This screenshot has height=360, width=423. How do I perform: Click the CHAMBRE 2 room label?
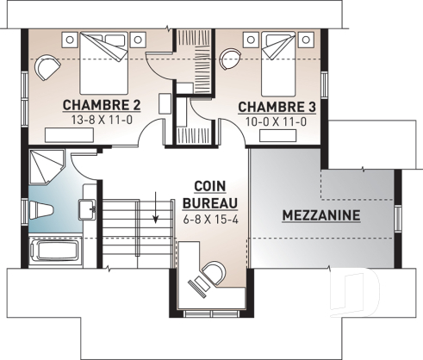[x=102, y=106]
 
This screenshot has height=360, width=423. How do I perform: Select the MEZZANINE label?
[x=320, y=214]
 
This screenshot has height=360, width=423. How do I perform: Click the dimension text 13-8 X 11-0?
[x=102, y=121]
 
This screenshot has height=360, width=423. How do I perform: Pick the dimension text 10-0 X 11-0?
[x=275, y=121]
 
